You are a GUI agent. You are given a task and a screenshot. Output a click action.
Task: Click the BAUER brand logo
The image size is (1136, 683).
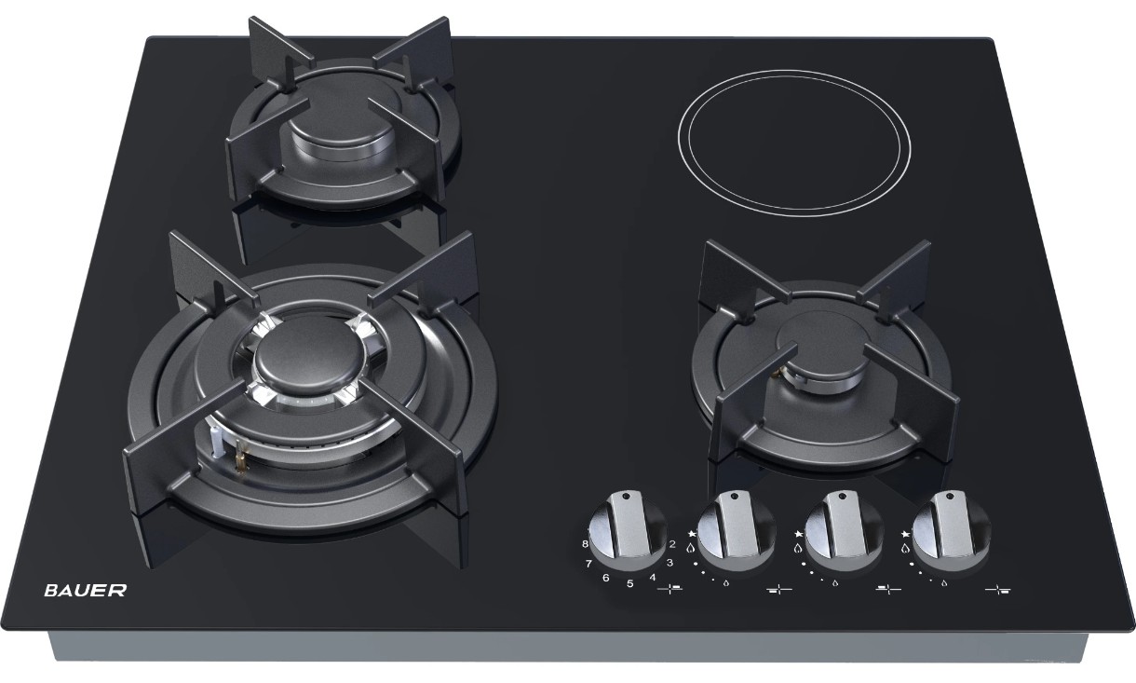click(86, 590)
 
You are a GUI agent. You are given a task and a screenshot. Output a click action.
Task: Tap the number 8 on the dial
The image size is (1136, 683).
click(586, 544)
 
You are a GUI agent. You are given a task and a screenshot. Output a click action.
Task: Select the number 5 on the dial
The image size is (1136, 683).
click(629, 583)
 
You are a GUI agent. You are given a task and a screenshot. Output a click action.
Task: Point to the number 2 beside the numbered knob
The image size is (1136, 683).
click(672, 544)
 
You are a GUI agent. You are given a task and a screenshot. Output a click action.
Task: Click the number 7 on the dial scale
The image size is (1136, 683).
click(588, 563)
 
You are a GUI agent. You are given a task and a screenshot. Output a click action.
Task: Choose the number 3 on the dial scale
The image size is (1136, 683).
click(669, 562)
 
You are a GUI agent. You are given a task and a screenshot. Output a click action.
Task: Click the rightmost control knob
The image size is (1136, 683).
click(950, 530)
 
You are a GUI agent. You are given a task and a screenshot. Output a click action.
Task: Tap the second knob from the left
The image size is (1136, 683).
click(736, 530)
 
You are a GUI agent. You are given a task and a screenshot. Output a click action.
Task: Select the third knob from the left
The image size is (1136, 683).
click(844, 530)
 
